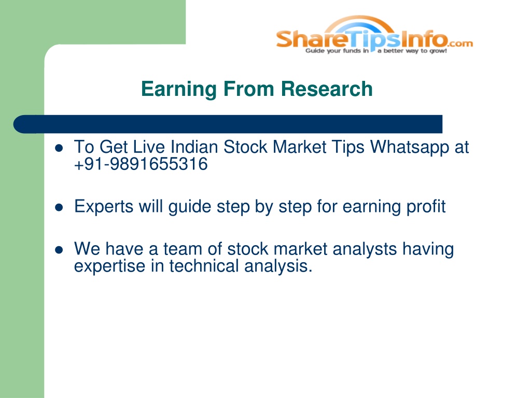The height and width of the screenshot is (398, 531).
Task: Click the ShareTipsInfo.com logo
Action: click(x=374, y=35)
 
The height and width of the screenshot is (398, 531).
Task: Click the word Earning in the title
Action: click(x=179, y=89)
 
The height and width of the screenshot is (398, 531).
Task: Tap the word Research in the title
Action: click(x=327, y=89)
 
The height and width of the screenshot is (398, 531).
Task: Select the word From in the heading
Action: click(x=248, y=89)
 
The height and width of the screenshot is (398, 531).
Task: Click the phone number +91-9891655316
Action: click(x=141, y=164)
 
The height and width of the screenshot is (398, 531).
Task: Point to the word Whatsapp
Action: click(x=410, y=148)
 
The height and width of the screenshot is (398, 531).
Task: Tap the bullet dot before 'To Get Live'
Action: click(x=59, y=148)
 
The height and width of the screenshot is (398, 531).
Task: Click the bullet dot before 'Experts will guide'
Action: click(x=59, y=207)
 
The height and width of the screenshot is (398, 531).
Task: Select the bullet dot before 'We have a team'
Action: click(x=59, y=250)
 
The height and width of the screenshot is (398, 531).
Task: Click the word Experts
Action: click(x=104, y=207)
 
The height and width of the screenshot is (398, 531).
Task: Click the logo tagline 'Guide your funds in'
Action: click(x=337, y=51)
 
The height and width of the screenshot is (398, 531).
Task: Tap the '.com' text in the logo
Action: click(x=460, y=44)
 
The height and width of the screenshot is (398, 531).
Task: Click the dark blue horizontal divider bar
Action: click(x=228, y=124)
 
